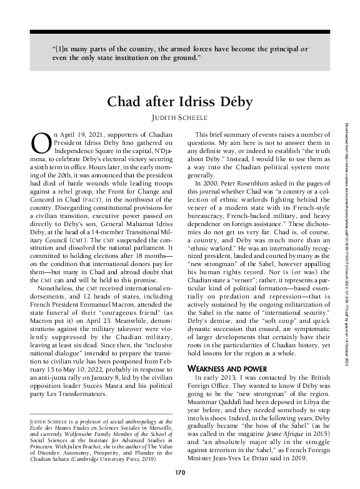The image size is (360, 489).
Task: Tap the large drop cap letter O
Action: [41, 142]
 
